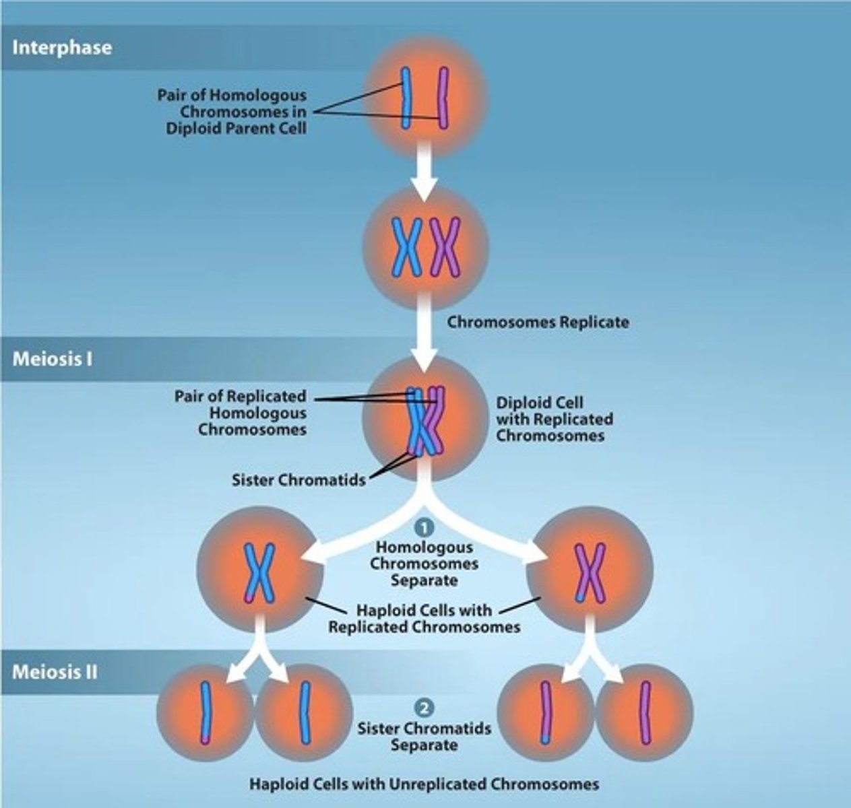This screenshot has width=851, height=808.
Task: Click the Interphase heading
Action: [62, 48]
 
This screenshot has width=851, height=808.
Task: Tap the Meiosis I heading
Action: [52, 358]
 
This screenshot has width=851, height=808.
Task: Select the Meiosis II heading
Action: [55, 671]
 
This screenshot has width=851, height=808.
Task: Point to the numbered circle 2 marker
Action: [424, 708]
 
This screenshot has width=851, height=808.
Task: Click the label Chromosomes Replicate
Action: [538, 322]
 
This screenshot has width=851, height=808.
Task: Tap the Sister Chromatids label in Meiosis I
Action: [298, 480]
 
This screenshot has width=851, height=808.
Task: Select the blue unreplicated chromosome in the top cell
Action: [406, 98]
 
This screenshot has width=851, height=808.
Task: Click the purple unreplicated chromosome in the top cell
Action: [443, 98]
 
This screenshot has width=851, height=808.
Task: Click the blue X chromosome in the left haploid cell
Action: [259, 572]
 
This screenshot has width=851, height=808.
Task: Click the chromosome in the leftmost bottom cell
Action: [205, 712]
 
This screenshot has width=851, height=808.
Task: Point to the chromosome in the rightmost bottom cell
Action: [645, 712]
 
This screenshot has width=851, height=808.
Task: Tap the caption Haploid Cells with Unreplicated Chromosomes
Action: [424, 784]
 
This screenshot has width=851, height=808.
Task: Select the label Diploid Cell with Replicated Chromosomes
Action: [554, 419]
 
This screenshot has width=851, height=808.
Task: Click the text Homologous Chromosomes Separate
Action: [424, 564]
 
